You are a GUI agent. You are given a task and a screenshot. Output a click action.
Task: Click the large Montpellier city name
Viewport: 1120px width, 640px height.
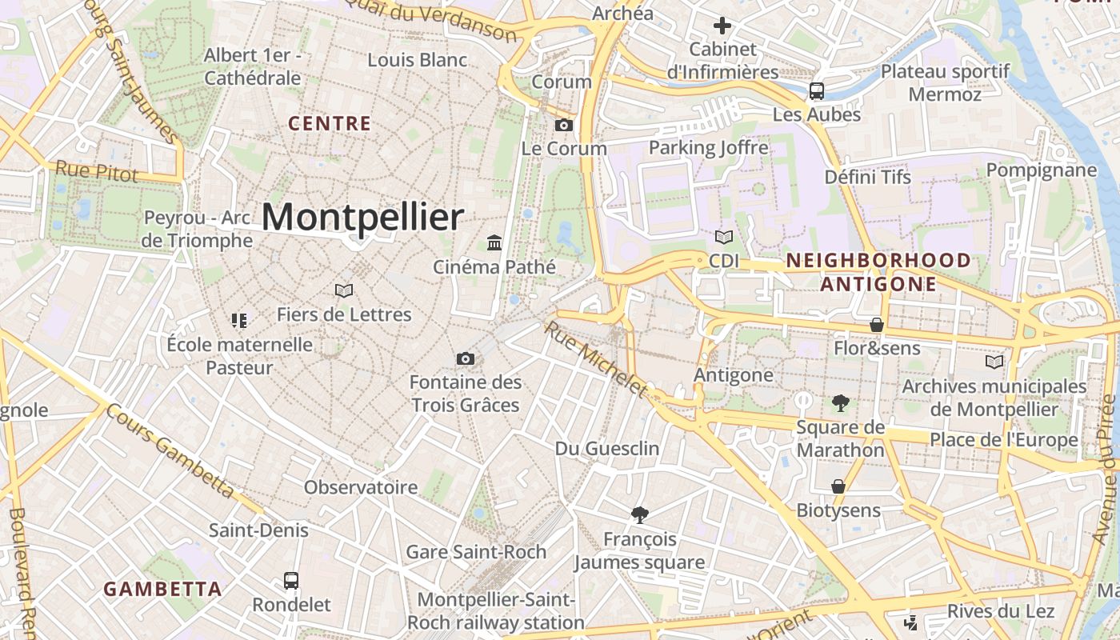[x=362, y=218]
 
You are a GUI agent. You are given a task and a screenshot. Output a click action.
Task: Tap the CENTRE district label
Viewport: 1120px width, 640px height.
[x=330, y=123]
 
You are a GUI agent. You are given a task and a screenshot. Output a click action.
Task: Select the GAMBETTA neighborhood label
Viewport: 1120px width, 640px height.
[x=162, y=590]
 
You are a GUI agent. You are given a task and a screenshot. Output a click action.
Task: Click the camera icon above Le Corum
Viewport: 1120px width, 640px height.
[x=564, y=125]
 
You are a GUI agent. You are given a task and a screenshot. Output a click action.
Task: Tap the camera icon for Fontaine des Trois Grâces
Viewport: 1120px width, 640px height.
[x=465, y=359]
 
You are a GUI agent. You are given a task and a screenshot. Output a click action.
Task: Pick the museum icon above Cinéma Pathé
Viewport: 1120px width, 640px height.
[x=494, y=242]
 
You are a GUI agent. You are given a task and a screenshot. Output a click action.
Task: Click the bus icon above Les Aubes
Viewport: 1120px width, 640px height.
[x=816, y=91]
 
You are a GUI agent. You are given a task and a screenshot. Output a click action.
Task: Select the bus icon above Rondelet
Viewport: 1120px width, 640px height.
[x=291, y=581]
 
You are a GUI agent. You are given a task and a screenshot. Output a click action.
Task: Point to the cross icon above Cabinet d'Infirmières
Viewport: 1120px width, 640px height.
[x=722, y=26]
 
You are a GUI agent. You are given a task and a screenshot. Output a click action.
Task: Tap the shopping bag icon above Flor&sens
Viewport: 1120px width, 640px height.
[x=877, y=325]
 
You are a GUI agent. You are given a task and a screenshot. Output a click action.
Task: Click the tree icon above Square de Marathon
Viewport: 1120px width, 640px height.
[x=840, y=403]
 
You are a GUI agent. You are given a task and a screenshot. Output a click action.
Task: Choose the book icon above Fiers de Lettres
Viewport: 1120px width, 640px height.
[x=344, y=290]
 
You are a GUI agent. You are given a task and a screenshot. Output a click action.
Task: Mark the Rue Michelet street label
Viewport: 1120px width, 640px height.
[x=595, y=358]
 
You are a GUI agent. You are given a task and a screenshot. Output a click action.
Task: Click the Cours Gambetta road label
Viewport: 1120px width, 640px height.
[x=170, y=450]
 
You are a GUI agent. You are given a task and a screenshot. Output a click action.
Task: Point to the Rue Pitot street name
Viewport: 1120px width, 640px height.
[x=96, y=171]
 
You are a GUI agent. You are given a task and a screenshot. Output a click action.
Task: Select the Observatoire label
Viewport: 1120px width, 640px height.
[x=360, y=487]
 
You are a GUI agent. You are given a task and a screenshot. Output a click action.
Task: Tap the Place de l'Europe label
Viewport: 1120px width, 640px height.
[x=1003, y=440]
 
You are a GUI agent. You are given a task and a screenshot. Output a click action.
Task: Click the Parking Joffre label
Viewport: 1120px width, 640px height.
[x=708, y=147]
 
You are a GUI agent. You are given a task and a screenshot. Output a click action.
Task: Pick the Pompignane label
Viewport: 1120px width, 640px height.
[x=1041, y=170]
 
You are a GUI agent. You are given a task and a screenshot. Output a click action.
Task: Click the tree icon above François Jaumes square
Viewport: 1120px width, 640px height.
[x=639, y=515]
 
